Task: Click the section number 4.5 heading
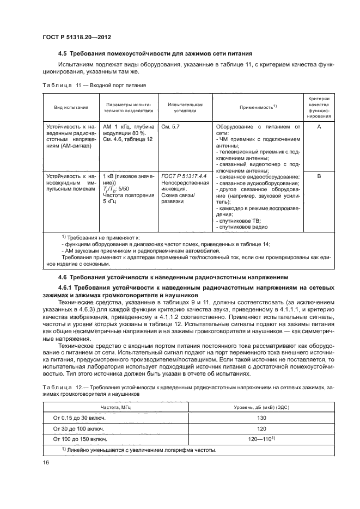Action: coord(63,53)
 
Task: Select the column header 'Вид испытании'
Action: coord(69,108)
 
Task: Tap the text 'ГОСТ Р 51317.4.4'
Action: coord(183,176)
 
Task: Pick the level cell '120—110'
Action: coord(260,438)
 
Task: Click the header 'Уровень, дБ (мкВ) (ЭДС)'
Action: coord(261,407)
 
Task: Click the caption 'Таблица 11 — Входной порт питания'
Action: coord(94,85)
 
